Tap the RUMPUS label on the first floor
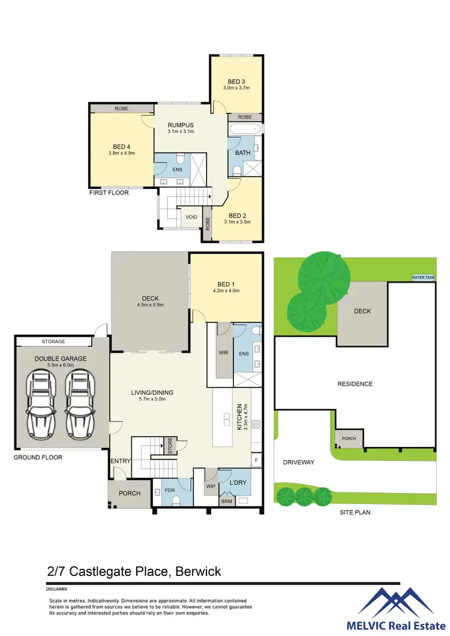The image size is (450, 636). point(180,125)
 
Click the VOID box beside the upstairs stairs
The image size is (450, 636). point(191,217)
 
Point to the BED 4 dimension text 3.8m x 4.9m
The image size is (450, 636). point(122,152)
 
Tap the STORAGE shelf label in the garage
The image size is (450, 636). point(53,341)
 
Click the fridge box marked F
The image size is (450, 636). point(256,461)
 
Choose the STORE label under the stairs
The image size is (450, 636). point(170,446)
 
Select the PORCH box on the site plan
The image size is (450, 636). point(349,439)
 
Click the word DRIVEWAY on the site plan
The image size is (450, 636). point(299,463)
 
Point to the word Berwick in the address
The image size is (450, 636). point(198,571)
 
